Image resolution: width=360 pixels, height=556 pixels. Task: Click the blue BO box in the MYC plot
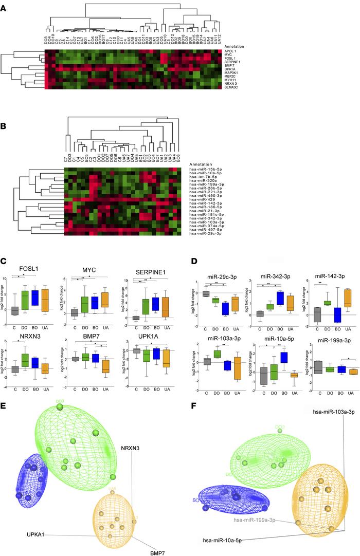point(98,302)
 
